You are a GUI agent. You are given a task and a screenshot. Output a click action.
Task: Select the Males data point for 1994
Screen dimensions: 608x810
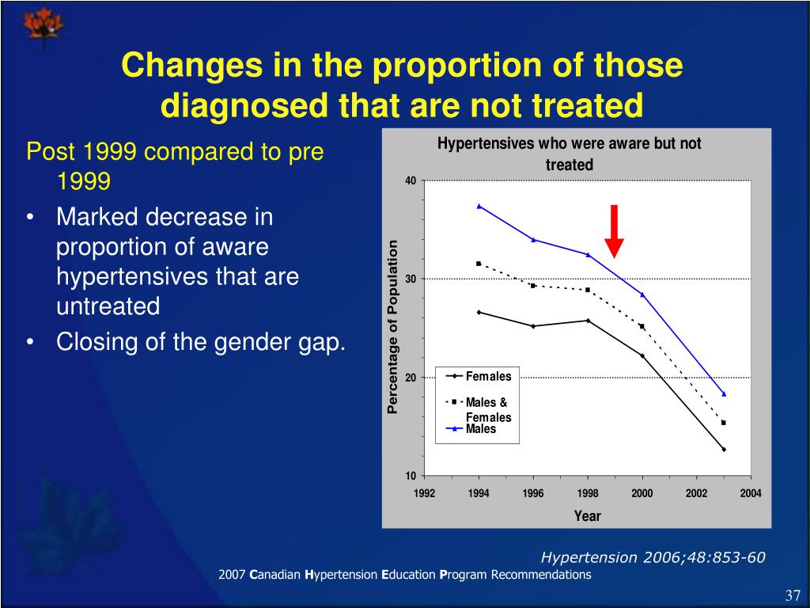coord(479,206)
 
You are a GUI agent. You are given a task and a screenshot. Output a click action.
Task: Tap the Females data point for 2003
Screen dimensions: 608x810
coord(723,450)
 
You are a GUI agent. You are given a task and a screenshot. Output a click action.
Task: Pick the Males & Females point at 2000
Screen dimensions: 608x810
coord(642,326)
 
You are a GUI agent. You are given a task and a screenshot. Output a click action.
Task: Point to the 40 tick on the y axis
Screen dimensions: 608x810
coord(410,180)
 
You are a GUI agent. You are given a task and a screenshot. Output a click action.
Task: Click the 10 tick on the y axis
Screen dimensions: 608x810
coord(410,476)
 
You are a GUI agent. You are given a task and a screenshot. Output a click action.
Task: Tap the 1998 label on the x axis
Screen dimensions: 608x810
coord(587,494)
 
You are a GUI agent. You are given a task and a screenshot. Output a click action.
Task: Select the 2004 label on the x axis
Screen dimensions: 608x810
coord(750,494)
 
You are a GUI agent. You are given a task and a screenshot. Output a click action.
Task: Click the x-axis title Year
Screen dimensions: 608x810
coord(587,516)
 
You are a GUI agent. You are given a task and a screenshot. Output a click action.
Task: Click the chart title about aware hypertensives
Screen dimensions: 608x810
coord(570,154)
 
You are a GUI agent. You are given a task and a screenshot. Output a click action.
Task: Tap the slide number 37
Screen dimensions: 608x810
coord(793,595)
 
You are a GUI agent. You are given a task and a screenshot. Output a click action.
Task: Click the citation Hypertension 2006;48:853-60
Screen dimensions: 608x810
coord(653,557)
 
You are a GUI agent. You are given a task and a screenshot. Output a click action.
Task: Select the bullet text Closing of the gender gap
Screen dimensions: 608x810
coord(201,343)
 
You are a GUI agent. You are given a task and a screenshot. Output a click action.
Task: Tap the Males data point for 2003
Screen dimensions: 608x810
coord(723,393)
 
